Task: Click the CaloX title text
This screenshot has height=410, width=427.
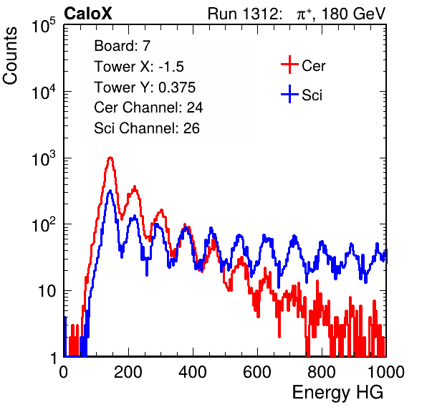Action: click(88, 14)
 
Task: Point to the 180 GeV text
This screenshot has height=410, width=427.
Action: click(354, 14)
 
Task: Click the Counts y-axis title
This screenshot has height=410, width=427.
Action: click(10, 56)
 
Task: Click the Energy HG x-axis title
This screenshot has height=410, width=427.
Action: click(338, 393)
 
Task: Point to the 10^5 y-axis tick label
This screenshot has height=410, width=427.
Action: click(44, 26)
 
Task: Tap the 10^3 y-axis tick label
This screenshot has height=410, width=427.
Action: click(44, 159)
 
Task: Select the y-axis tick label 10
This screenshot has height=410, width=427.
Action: click(47, 291)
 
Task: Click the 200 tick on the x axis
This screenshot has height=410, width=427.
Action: click(128, 372)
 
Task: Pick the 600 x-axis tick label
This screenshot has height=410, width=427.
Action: click(257, 372)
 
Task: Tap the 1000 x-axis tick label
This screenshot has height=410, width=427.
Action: click(386, 372)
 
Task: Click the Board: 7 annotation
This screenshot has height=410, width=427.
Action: click(123, 46)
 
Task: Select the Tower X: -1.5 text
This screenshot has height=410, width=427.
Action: click(139, 67)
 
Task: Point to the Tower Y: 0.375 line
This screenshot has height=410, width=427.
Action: click(145, 87)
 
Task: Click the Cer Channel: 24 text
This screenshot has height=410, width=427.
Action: click(148, 108)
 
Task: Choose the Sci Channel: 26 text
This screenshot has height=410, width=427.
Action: click(147, 128)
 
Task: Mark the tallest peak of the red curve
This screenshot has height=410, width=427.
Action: click(110, 158)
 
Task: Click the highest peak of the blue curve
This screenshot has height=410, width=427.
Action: click(110, 191)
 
